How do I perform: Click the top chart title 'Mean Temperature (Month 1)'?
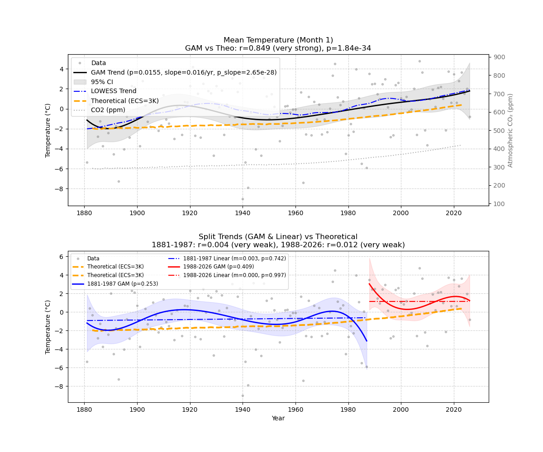coord(278,40)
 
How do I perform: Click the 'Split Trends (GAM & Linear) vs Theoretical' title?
coord(278,237)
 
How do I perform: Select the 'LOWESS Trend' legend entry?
coord(114,91)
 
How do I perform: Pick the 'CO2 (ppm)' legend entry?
coord(108,110)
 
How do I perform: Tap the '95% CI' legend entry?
coord(102,82)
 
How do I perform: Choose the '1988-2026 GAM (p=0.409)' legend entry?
coord(219,267)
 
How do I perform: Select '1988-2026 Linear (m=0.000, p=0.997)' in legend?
coord(234,275)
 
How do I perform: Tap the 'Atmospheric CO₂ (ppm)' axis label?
coord(510,130)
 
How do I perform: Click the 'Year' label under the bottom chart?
coord(278,419)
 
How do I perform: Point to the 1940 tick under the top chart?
coord(243,213)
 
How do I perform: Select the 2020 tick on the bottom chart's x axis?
coord(454,410)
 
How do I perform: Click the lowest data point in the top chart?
coord(243,199)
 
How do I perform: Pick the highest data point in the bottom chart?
coord(419,268)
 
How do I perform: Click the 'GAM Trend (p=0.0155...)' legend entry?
coord(184,72)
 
